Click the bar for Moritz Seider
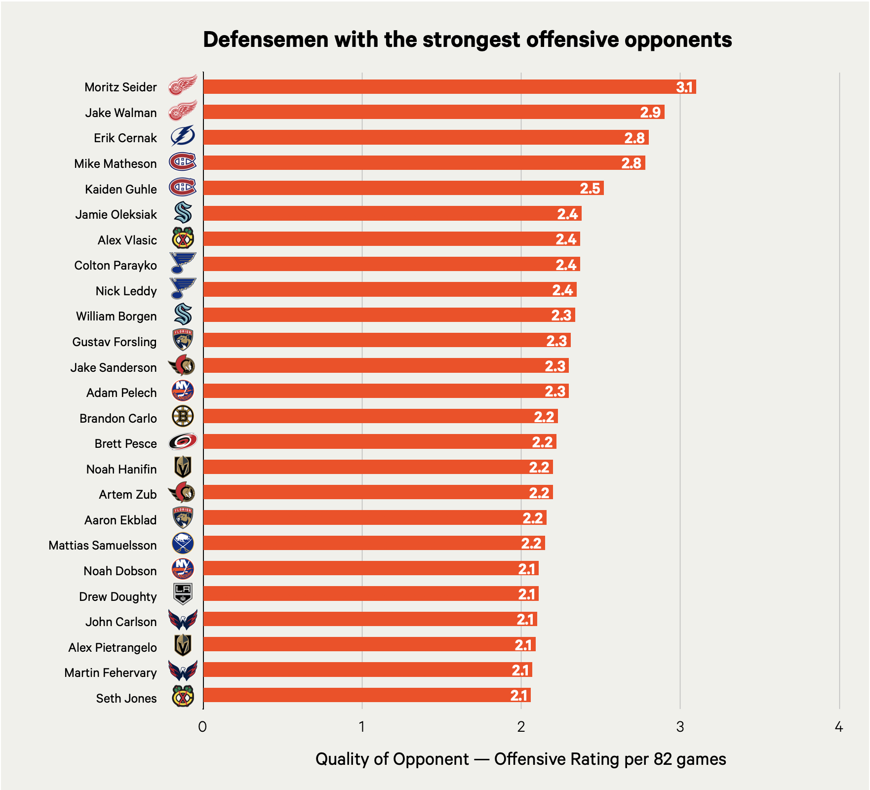click(x=449, y=87)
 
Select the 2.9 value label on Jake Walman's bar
click(x=650, y=113)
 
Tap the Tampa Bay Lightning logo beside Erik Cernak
click(x=183, y=137)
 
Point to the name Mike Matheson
click(x=116, y=164)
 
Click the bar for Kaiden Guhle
click(x=403, y=188)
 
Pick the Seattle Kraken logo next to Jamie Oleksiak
click(x=183, y=213)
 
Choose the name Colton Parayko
click(x=116, y=266)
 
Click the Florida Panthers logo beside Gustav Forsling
click(x=183, y=340)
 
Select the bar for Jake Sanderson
click(x=386, y=366)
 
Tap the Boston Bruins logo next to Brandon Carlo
click(x=183, y=417)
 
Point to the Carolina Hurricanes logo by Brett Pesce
click(x=183, y=442)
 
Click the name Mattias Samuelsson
click(x=103, y=546)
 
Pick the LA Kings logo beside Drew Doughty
click(x=183, y=594)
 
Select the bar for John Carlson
click(x=370, y=619)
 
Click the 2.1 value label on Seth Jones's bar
click(x=519, y=696)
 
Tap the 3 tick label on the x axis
click(x=680, y=727)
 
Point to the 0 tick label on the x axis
click(x=202, y=727)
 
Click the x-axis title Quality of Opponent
click(x=392, y=759)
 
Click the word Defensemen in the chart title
click(x=266, y=39)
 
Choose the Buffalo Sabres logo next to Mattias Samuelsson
click(x=183, y=543)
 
